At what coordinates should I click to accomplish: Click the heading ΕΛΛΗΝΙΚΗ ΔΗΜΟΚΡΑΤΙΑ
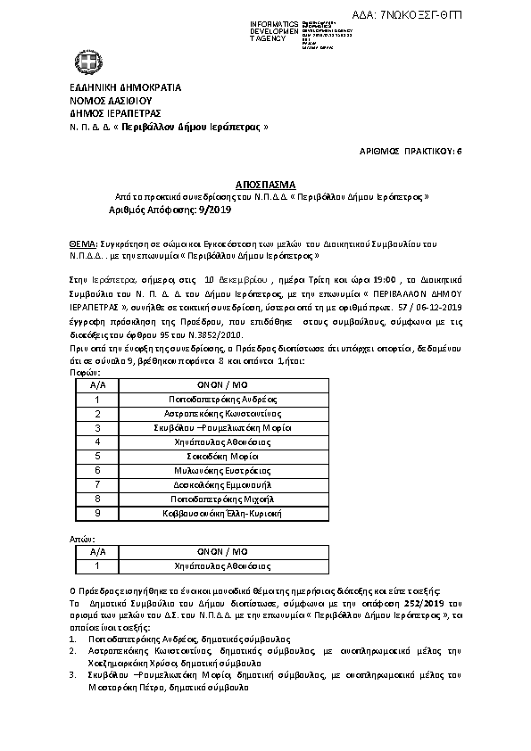tap(125, 88)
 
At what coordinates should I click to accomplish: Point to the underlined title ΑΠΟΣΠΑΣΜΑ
tap(264, 183)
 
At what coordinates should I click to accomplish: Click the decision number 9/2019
tap(213, 210)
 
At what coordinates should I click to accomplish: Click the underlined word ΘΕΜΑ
tap(83, 242)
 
